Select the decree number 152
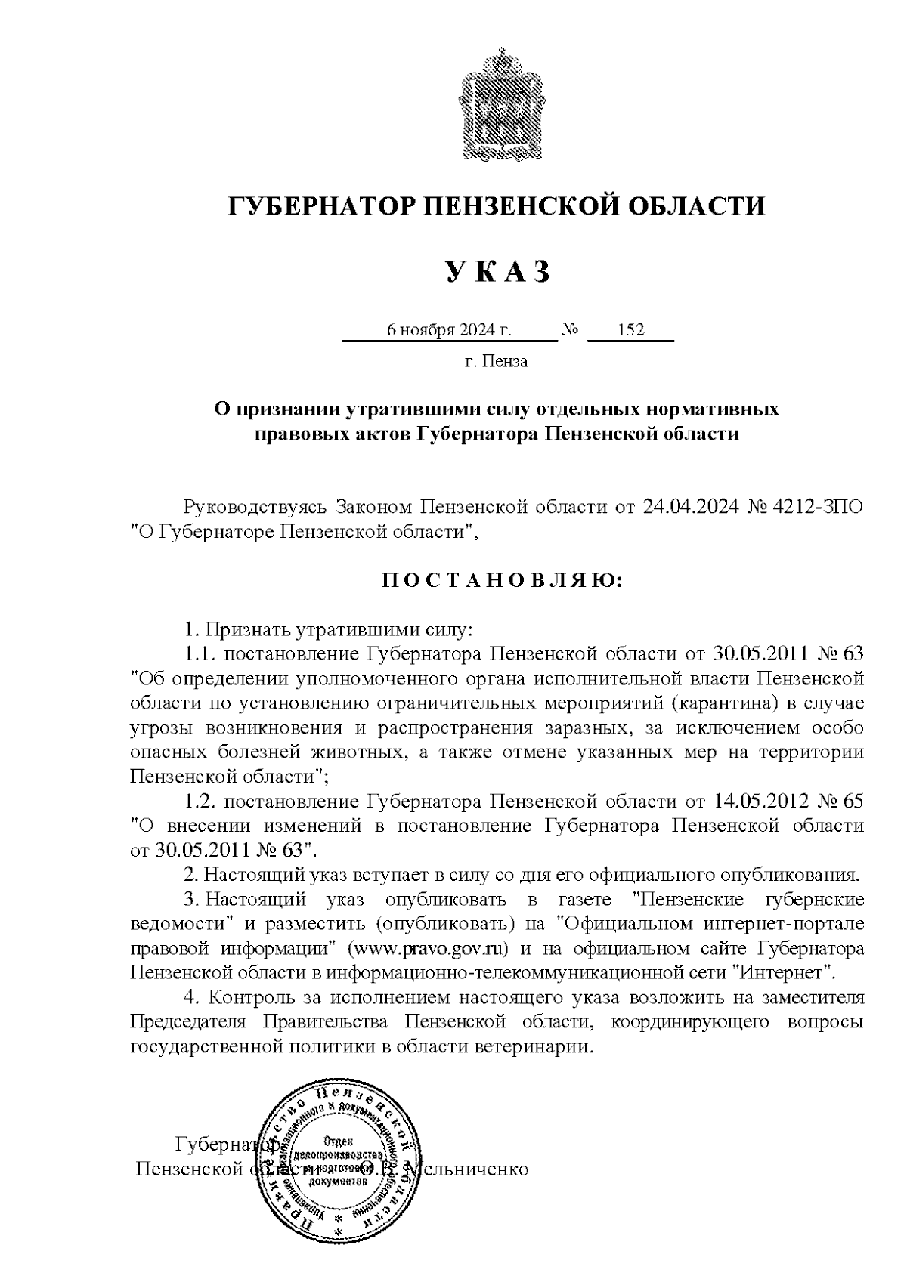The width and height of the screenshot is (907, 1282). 630,330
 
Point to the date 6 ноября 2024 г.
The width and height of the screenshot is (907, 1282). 449,330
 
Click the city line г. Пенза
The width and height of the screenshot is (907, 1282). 496,361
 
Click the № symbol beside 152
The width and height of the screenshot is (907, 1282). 571,330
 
